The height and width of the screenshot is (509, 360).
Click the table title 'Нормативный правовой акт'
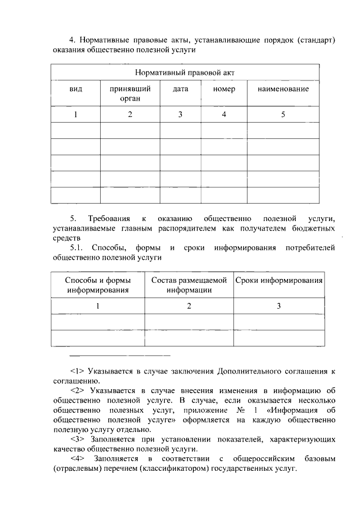point(185,73)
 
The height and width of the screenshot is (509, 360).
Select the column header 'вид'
point(75,89)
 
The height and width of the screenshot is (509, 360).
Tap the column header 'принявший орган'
point(130,94)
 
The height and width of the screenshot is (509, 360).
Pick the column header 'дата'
point(181,89)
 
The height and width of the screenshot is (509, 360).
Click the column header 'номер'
point(224,89)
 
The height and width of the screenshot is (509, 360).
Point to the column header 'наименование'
point(283,89)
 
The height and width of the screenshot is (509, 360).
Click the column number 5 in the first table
point(283,115)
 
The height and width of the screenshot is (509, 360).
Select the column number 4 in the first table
point(224,115)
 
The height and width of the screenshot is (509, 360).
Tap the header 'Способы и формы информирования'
point(98,285)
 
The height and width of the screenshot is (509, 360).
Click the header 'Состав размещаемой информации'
point(189,285)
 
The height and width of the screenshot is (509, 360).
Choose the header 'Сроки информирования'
point(279,281)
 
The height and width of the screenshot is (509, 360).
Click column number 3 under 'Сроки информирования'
point(279,307)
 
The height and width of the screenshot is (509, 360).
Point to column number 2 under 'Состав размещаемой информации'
point(189,307)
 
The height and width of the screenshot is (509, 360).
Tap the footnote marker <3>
point(77,439)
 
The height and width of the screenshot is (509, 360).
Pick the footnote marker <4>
point(77,460)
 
